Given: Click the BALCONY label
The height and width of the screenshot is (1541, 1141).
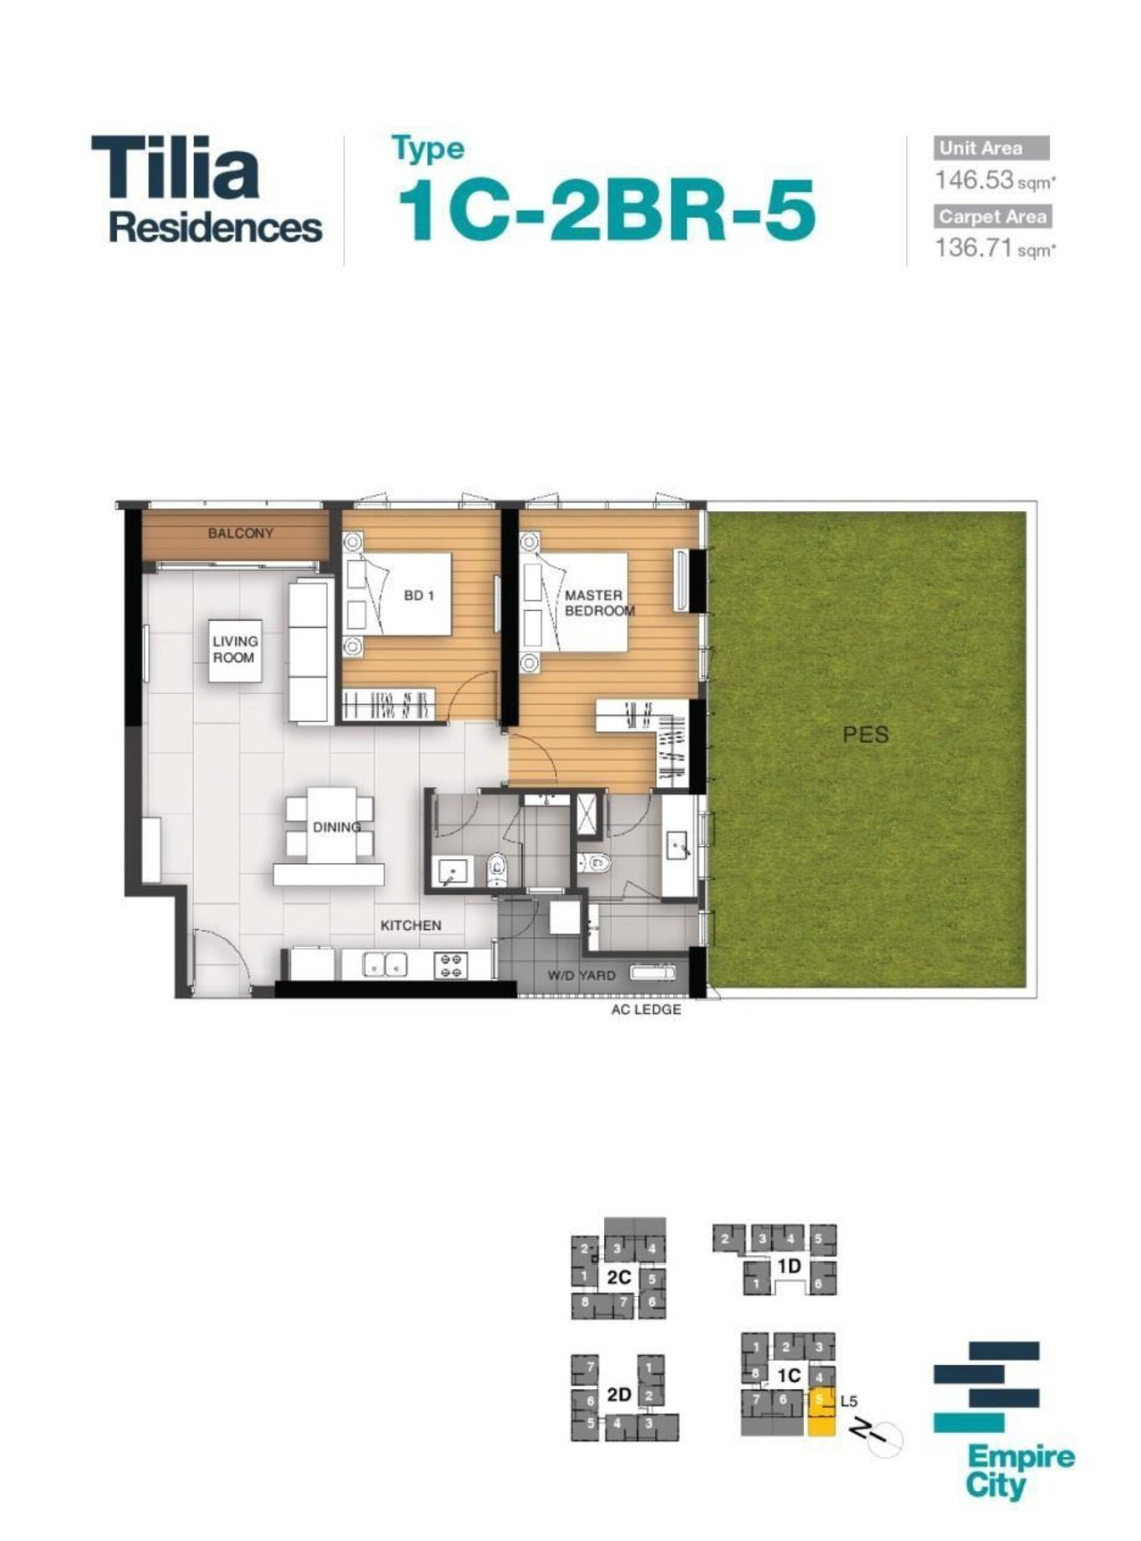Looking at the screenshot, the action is tap(240, 533).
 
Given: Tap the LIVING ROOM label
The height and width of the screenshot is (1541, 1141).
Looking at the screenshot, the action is tap(235, 649).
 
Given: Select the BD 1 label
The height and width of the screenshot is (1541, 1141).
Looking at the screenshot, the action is tap(419, 595).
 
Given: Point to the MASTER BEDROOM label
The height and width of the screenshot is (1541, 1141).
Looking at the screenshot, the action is tap(600, 603).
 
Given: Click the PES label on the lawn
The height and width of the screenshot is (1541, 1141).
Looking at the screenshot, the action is tap(866, 734).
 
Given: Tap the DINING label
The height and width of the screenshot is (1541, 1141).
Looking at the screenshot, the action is tap(337, 827).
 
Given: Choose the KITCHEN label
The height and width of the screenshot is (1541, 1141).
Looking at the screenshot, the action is tap(411, 925).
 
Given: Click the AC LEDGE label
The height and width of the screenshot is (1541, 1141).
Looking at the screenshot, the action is tap(646, 1009).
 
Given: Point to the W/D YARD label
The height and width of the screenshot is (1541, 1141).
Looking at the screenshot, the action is tap(582, 976).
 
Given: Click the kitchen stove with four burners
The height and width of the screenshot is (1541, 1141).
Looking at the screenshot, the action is tap(451, 965).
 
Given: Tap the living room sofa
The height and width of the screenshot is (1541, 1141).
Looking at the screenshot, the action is tap(310, 650).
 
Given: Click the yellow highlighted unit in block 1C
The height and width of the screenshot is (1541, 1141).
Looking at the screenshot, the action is tap(821, 1412).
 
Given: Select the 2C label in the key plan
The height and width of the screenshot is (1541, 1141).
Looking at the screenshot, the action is tap(618, 1277).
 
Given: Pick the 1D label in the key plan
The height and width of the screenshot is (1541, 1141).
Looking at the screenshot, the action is tap(788, 1266).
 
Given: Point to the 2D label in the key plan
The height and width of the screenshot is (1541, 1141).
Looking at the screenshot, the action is tap(618, 1394).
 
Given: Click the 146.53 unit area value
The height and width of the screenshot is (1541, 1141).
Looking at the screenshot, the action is tap(974, 180).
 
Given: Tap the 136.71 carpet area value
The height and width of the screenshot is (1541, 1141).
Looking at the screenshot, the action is tap(974, 247).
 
